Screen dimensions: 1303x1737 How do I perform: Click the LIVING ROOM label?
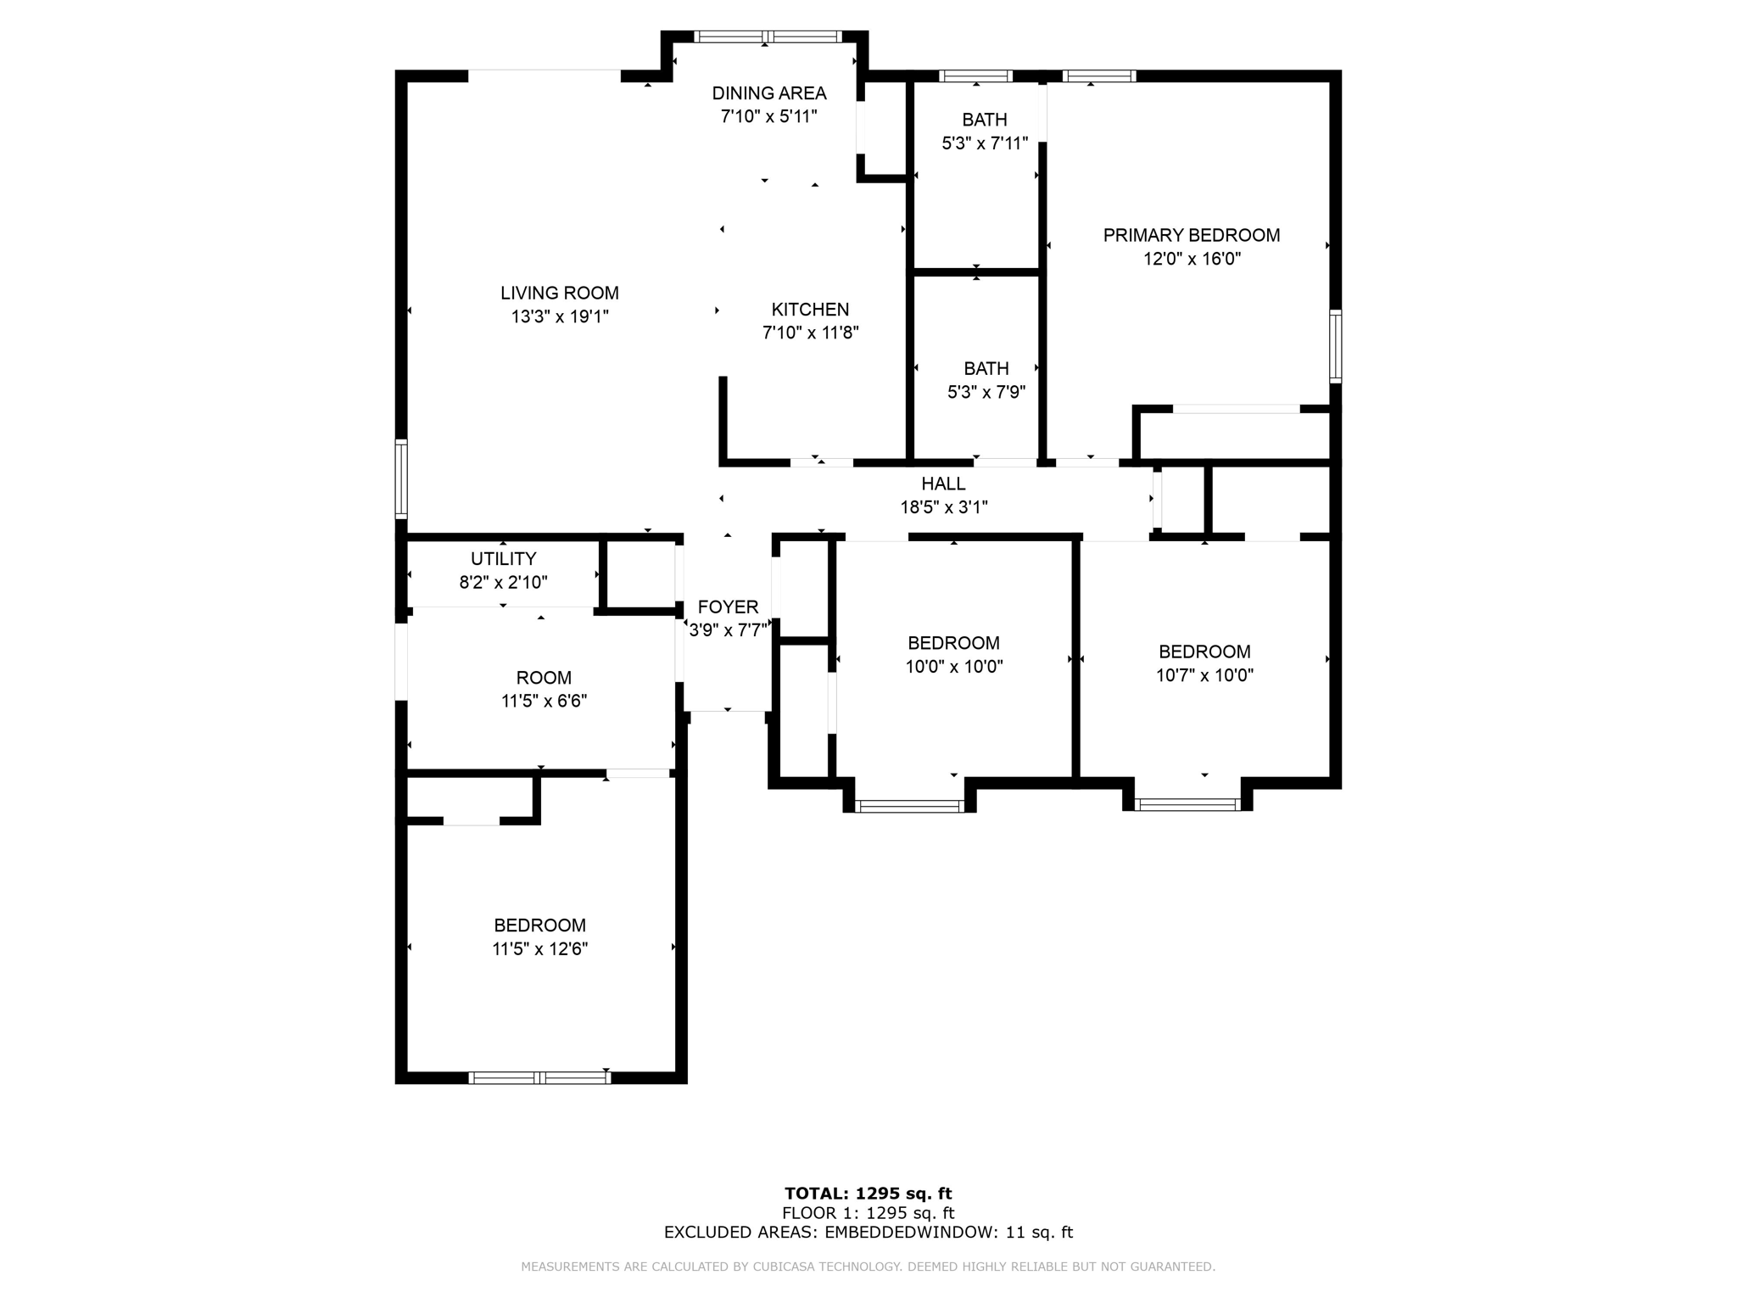(559, 293)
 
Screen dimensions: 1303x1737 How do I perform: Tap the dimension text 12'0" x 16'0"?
(1192, 259)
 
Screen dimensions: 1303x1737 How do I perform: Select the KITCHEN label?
(810, 310)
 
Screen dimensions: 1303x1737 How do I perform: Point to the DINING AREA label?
(768, 93)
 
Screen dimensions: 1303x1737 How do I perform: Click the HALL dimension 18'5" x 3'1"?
(943, 507)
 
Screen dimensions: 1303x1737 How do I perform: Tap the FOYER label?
(728, 607)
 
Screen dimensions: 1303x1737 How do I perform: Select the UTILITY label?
(503, 558)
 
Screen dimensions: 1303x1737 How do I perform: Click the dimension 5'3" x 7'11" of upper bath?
(984, 143)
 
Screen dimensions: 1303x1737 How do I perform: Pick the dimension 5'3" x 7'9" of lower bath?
(986, 392)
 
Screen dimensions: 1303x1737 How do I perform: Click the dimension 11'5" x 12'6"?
(539, 948)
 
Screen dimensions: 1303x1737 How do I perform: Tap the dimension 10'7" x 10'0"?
(1204, 675)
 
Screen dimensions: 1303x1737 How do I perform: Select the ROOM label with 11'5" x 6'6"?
(544, 678)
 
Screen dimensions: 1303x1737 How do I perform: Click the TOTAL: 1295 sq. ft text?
(868, 1194)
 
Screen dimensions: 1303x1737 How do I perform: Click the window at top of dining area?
(767, 36)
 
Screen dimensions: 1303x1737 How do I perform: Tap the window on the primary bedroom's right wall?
(1335, 346)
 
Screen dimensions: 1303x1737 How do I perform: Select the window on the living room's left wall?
(401, 479)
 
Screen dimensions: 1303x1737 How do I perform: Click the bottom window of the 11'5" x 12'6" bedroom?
(539, 1078)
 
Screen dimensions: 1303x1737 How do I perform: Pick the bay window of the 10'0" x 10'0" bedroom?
(909, 806)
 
